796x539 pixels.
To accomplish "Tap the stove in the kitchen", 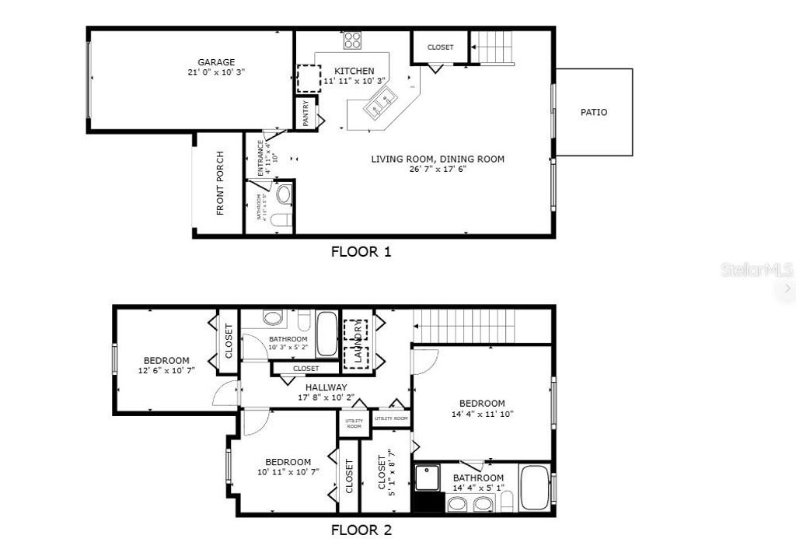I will click(x=353, y=40).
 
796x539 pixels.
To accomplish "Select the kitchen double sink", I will click(x=381, y=103).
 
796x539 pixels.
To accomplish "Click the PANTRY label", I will click(x=306, y=114).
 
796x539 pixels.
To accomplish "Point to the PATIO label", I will click(x=594, y=112).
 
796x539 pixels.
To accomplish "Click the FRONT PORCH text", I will click(x=220, y=183).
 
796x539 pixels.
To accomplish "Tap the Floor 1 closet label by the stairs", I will click(x=440, y=47).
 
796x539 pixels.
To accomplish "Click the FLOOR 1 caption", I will click(x=361, y=251).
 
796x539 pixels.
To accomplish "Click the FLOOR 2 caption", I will click(x=361, y=530).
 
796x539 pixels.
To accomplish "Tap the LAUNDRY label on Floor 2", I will click(x=358, y=341).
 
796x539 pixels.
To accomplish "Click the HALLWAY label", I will click(x=326, y=387).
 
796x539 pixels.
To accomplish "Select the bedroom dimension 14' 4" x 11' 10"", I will click(x=482, y=414).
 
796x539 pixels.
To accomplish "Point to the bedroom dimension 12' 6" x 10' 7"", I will click(x=166, y=371).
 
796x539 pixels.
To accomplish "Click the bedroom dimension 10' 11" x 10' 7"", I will click(x=288, y=472).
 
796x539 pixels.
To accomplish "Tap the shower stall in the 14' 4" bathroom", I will click(x=427, y=477).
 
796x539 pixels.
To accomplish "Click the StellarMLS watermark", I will click(x=756, y=270).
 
